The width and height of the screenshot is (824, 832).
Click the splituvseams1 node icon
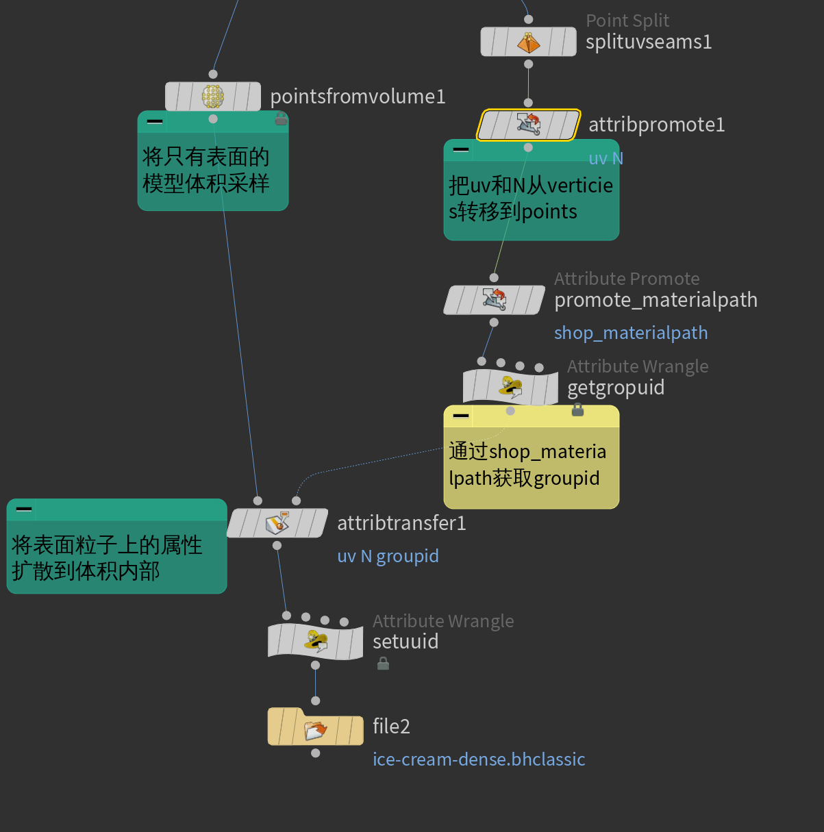pyautogui.click(x=528, y=42)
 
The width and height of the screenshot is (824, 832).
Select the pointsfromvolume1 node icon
pyautogui.click(x=213, y=97)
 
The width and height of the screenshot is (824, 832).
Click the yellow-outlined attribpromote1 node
pyautogui.click(x=528, y=125)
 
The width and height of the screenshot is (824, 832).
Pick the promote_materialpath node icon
pyautogui.click(x=494, y=300)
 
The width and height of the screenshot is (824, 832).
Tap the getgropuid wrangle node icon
pyautogui.click(x=510, y=387)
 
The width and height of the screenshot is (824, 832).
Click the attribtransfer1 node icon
pyautogui.click(x=277, y=524)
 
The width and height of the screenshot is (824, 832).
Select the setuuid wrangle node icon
pyautogui.click(x=316, y=642)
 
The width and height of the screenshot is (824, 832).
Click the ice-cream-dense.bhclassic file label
pyautogui.click(x=479, y=759)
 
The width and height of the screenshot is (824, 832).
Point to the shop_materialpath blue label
pyautogui.click(x=631, y=333)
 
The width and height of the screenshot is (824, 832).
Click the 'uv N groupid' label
pyautogui.click(x=388, y=556)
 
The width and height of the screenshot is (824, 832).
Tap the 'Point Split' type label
pyautogui.click(x=627, y=21)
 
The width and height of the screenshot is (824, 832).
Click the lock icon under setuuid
pyautogui.click(x=384, y=663)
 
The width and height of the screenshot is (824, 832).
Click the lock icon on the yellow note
pyautogui.click(x=577, y=410)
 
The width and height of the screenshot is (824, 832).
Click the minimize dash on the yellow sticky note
pyautogui.click(x=461, y=416)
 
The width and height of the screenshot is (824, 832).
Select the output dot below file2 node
pyautogui.click(x=315, y=753)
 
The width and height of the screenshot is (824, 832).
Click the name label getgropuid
pyautogui.click(x=616, y=388)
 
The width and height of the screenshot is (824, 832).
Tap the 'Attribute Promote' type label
pyautogui.click(x=627, y=279)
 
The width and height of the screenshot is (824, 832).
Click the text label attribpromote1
pyautogui.click(x=656, y=125)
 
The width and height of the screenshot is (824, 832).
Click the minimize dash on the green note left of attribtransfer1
pyautogui.click(x=24, y=509)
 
